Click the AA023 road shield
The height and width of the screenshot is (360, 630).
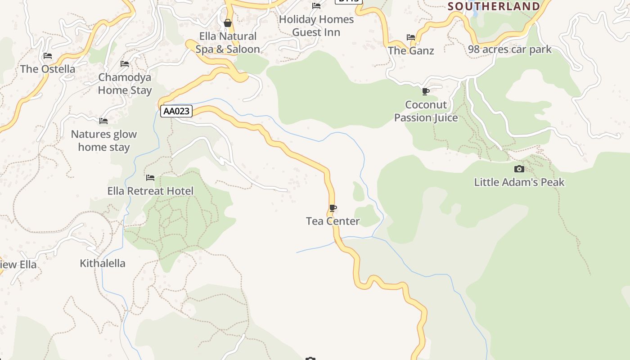click(x=176, y=111)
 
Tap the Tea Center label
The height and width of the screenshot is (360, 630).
click(x=333, y=221)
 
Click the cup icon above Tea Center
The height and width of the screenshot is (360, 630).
click(x=333, y=208)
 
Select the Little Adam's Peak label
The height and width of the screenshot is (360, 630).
click(x=519, y=182)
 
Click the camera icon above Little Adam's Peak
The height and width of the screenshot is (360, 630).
click(x=519, y=169)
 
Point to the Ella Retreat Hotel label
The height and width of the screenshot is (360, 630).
click(x=150, y=191)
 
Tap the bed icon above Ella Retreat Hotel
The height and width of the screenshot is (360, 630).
click(x=150, y=178)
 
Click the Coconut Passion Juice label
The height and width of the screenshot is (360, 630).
click(x=426, y=111)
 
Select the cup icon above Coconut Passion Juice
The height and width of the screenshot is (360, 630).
click(x=425, y=92)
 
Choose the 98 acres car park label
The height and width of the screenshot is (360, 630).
click(x=509, y=49)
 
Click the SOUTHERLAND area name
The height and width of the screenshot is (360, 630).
click(x=494, y=6)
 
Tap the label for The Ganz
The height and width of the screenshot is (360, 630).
click(x=411, y=50)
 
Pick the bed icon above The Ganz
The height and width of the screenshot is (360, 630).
click(x=411, y=37)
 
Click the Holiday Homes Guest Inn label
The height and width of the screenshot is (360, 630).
click(x=316, y=26)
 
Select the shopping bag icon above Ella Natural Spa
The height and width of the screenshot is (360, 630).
click(x=228, y=22)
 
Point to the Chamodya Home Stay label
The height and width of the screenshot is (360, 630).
click(x=125, y=84)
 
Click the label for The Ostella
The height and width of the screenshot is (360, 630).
click(x=48, y=69)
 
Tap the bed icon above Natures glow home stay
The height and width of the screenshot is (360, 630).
click(x=103, y=121)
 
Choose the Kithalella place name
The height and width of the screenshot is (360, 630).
click(x=103, y=263)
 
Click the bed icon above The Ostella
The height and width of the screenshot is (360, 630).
click(x=48, y=56)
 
